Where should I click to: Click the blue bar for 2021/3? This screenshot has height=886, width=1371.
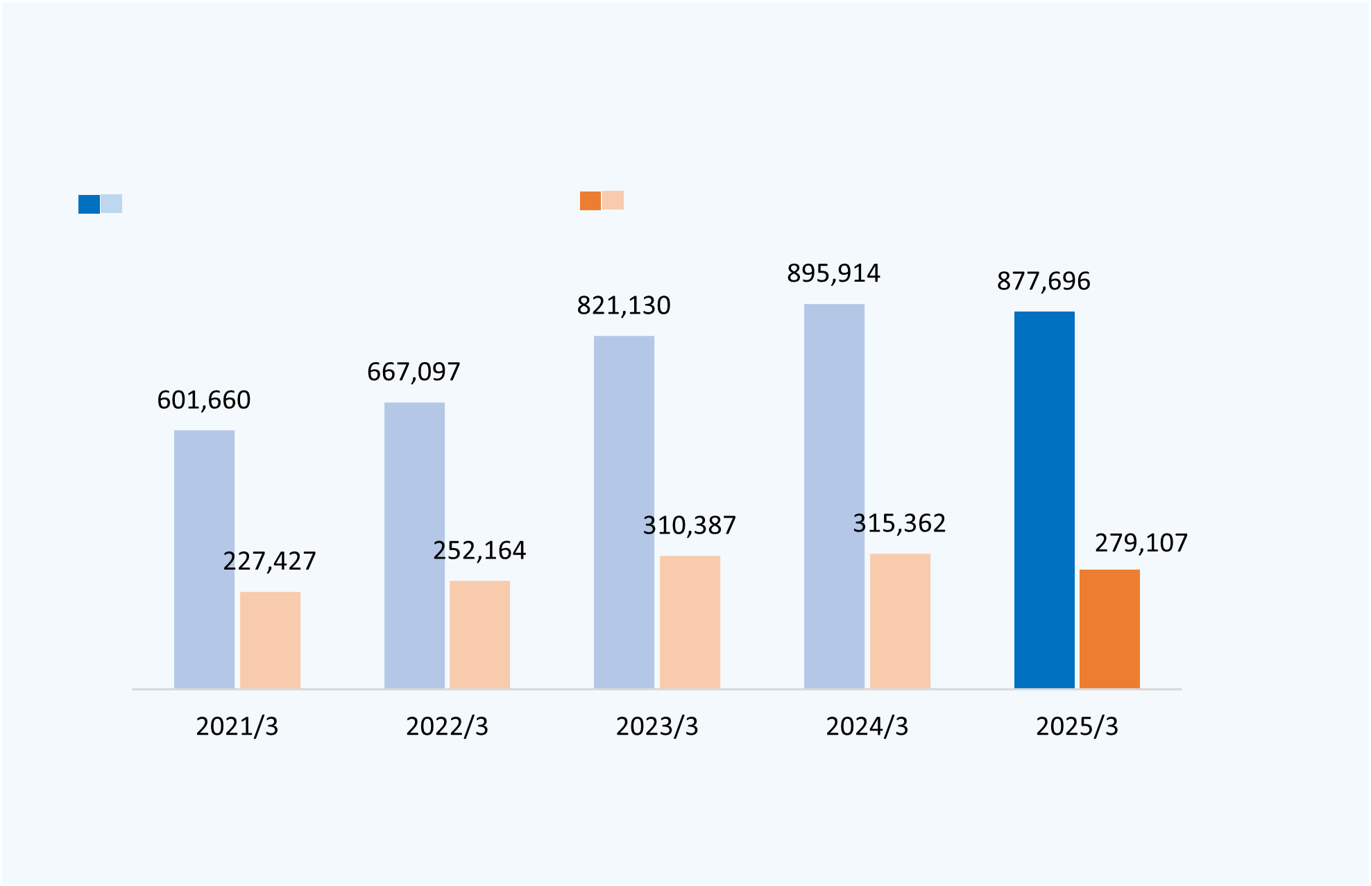pos(204,559)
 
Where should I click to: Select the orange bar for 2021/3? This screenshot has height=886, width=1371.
pos(270,640)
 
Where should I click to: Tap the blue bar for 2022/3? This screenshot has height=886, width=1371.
pos(414,545)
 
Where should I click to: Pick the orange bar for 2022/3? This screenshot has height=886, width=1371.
pos(479,634)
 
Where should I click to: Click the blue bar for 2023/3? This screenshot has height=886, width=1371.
pos(624,512)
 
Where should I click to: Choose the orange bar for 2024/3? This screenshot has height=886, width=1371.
pos(900,621)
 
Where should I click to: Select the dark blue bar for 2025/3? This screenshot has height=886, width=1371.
pos(1044,500)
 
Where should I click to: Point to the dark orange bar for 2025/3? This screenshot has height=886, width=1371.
pos(1109,629)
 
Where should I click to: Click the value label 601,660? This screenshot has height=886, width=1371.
pos(204,400)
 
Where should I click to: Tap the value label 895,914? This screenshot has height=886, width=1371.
pos(833,274)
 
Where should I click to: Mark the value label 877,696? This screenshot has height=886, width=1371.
pos(1044,282)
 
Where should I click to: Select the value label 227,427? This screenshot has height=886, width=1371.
pos(269,561)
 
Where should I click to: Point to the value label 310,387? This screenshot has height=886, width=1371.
pos(689,526)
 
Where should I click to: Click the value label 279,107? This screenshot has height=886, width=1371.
pos(1141,543)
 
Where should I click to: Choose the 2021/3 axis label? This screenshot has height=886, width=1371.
pos(237,726)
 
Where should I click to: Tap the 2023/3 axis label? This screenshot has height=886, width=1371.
pos(657,726)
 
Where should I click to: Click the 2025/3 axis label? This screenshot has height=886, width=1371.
pos(1077,726)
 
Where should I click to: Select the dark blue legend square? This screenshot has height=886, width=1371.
pos(89,204)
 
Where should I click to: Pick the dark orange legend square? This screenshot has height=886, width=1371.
pos(590,201)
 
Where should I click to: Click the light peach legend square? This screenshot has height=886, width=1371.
pos(613,201)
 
